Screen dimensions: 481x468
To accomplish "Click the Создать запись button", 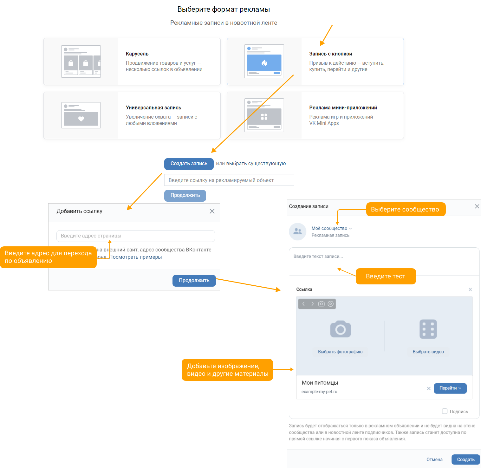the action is pos(189,164).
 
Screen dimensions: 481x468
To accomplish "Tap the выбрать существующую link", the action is pos(256,164).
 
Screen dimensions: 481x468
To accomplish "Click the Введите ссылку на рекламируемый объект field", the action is pos(229,180).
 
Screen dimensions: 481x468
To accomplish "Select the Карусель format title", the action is pos(137,54).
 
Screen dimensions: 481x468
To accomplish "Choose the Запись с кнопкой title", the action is pos(331,54).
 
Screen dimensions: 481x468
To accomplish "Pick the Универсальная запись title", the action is pos(153,108).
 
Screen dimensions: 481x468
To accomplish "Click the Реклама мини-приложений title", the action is pos(343,108).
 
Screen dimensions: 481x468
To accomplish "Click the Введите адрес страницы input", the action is pos(135,236).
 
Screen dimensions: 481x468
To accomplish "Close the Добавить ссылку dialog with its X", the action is pos(212,211).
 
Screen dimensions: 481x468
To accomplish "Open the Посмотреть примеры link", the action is pos(136,257).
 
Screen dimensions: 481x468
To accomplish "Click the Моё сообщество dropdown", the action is pos(332,228).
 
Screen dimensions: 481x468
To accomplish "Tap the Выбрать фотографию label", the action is pos(340,352).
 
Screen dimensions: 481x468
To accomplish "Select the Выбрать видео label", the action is pos(428,352).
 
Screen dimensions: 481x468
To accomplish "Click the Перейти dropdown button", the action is pos(450,388).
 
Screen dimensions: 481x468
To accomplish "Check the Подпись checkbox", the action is pos(445,411).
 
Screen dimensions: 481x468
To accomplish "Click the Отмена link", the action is pos(434,459).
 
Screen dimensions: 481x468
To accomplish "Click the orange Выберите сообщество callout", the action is pos(406,209).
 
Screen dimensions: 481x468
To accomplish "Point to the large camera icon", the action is pos(340,329).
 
